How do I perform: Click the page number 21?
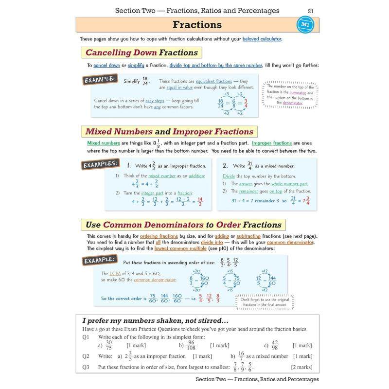[311, 11]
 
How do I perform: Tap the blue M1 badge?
[304, 24]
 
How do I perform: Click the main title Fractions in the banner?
[197, 25]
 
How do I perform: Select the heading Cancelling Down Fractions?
[141, 53]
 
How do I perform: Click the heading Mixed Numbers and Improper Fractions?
[169, 131]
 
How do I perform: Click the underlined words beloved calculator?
[262, 39]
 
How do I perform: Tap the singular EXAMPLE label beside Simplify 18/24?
[100, 80]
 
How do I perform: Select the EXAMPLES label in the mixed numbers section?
[100, 165]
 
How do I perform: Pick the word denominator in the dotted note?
[292, 103]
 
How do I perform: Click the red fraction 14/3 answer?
[200, 201]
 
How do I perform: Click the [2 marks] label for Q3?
[301, 367]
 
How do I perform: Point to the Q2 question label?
[86, 356]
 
